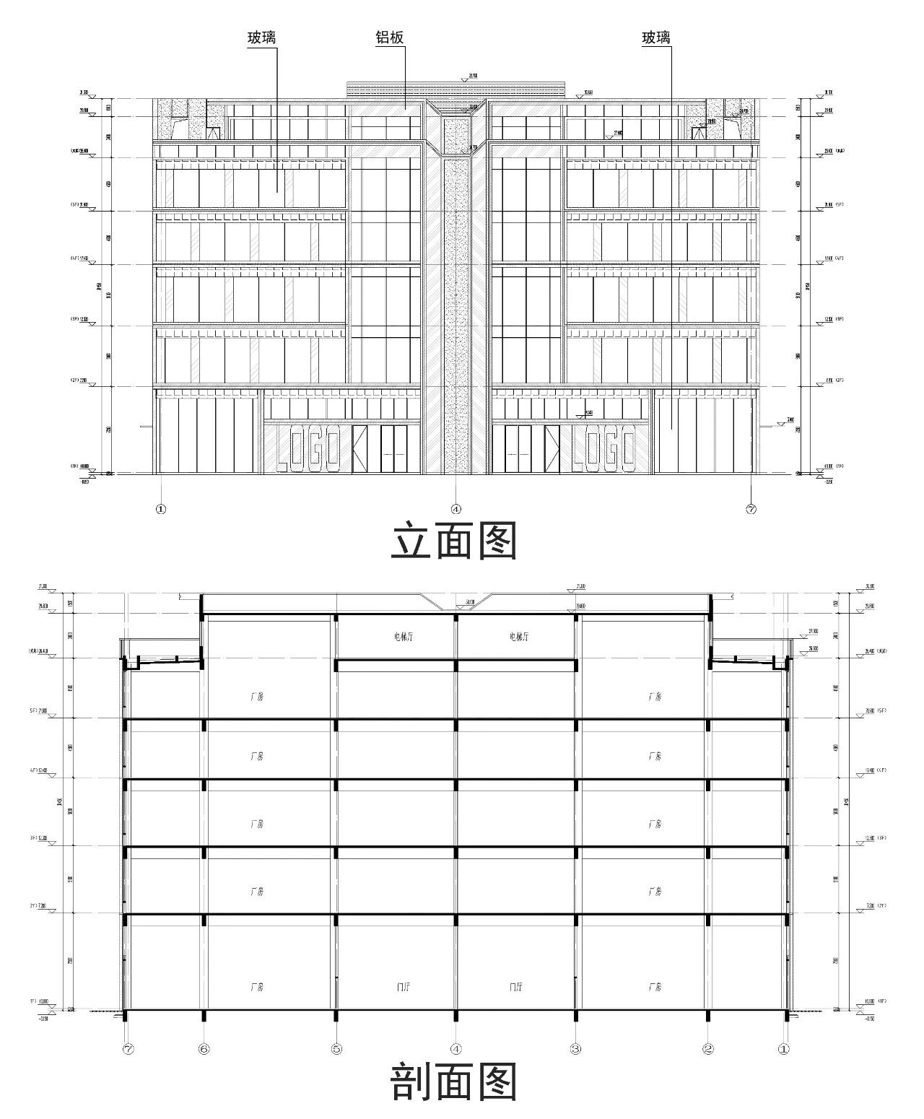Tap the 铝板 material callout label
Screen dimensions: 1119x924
click(x=389, y=38)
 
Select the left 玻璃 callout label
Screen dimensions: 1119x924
click(x=261, y=38)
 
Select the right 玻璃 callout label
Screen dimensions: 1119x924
click(x=656, y=38)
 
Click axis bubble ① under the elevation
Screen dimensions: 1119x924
click(x=160, y=508)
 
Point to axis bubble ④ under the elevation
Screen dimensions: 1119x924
click(x=456, y=508)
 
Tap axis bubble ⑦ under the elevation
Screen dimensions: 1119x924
click(x=751, y=508)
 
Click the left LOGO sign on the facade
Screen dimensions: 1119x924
click(x=308, y=448)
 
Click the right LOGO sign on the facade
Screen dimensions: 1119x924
click(x=603, y=448)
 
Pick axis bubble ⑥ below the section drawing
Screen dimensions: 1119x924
click(x=204, y=1048)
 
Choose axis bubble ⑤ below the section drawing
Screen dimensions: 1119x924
click(x=336, y=1048)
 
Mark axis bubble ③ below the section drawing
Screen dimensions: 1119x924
click(x=575, y=1048)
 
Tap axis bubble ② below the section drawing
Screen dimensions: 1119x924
click(x=708, y=1048)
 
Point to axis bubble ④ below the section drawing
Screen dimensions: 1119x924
click(x=456, y=1048)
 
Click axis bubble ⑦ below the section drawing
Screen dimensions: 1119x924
click(x=128, y=1048)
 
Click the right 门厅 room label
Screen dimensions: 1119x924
click(x=517, y=986)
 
